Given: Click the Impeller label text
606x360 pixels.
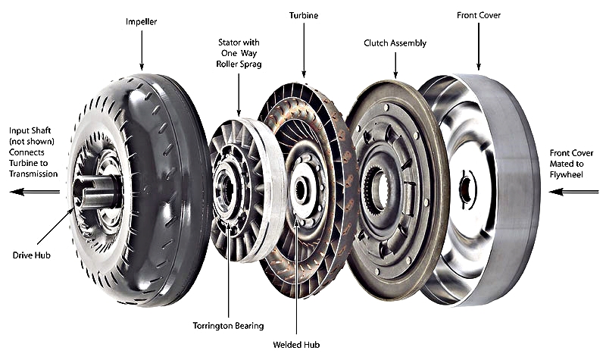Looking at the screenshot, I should point(142,23).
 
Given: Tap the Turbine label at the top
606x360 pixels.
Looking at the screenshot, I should point(304,14).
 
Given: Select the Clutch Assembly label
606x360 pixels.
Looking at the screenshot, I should point(395,43).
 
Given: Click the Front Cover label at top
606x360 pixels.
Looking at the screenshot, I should point(478,14).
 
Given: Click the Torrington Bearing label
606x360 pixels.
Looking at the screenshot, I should point(228,326).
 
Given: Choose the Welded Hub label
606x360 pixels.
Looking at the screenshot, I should point(297,346).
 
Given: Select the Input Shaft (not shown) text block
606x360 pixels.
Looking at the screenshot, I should point(30,152).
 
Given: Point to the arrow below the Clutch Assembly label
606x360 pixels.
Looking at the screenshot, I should point(395,66).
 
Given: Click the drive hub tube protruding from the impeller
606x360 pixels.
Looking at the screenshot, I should point(96,192).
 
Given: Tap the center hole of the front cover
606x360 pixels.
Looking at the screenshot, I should point(465,190).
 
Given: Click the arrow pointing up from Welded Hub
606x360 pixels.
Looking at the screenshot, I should point(296,280).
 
